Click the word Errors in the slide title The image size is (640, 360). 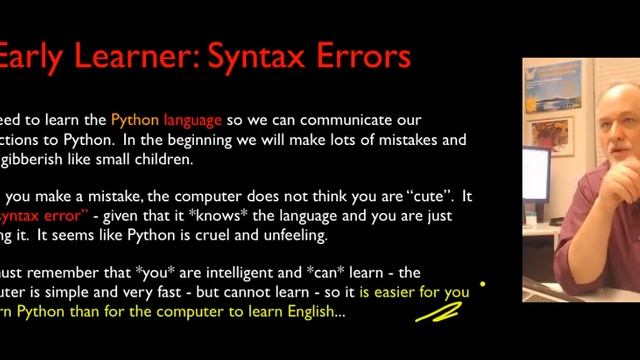click(x=356, y=55)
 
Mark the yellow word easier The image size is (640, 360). click(x=400, y=293)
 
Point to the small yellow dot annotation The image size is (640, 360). click(x=482, y=284)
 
